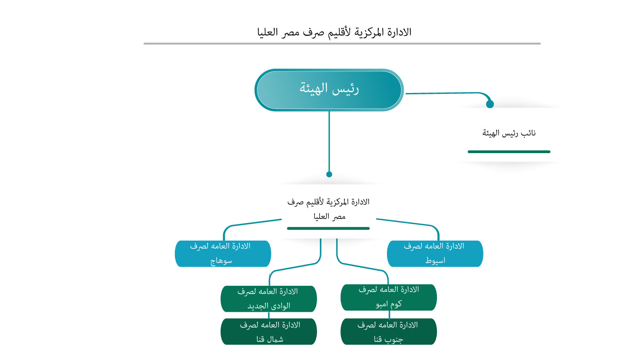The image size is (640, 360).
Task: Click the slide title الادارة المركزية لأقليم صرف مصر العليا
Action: point(334,32)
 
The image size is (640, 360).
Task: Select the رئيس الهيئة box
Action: point(329,90)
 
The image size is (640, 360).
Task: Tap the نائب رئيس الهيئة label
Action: point(509,133)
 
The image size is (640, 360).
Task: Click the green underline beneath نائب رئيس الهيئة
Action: point(509,151)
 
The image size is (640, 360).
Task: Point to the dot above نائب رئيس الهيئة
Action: point(490,104)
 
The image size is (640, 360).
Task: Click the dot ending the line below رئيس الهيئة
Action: point(329,174)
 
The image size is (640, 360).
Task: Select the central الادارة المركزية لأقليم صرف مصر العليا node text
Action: point(329,209)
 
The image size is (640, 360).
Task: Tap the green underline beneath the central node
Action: point(328,228)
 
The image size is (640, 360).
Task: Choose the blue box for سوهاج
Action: point(223,253)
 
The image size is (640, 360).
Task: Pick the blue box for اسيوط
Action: point(435,253)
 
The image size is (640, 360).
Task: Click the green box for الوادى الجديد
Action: point(268,299)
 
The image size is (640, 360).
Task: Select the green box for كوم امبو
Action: point(388,297)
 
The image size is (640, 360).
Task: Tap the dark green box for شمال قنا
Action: point(268,331)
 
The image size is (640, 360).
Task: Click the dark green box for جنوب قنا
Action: point(388,331)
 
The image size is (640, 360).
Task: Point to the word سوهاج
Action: point(221,261)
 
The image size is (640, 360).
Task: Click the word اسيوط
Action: point(435,261)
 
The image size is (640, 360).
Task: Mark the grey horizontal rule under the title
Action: point(342,44)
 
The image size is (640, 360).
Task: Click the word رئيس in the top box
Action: point(345,89)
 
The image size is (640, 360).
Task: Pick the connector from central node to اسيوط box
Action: point(405,223)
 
